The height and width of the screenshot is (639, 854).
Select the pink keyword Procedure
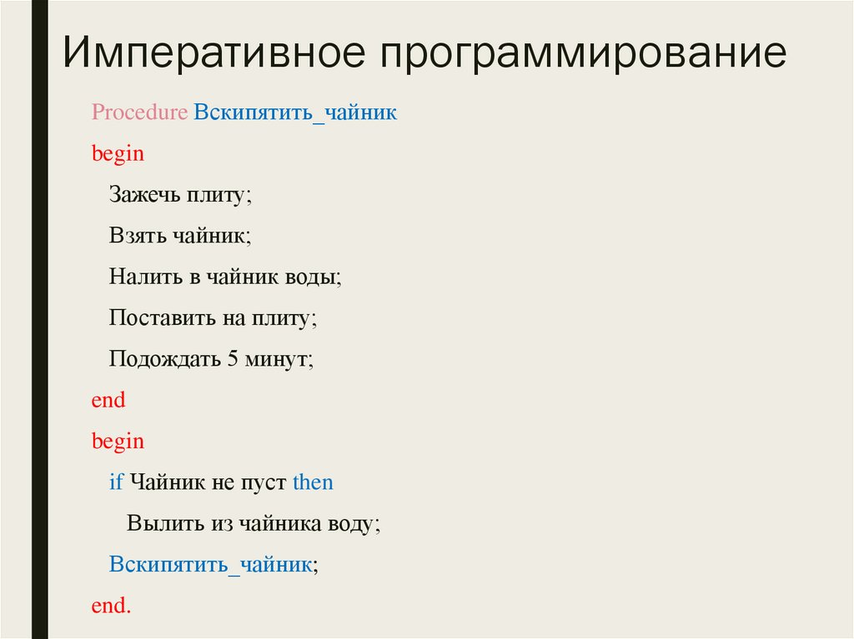tap(140, 112)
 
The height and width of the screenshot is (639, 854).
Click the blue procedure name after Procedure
tap(295, 113)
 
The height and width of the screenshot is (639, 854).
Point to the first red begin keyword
tap(118, 154)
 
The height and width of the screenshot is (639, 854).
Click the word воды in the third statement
tap(313, 277)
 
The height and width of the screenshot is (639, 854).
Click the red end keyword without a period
tap(108, 400)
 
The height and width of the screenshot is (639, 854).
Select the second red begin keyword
tap(118, 442)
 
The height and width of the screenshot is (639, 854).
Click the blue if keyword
tap(116, 482)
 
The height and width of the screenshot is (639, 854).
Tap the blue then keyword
tap(313, 482)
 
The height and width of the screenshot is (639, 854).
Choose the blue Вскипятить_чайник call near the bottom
tap(211, 564)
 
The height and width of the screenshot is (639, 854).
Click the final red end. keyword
tap(112, 606)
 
